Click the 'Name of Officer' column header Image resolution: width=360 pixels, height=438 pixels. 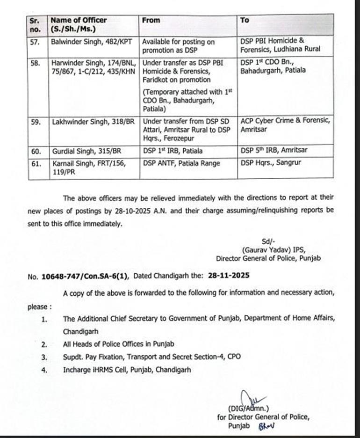78,20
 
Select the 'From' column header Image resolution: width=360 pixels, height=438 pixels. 151,20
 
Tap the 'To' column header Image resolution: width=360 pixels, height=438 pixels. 245,20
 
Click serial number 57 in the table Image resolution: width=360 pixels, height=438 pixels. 34,42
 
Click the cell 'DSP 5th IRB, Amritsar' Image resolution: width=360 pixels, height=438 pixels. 274,150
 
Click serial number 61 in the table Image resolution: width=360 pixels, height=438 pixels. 34,162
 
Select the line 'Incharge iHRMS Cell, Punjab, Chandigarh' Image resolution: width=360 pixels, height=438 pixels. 127,370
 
